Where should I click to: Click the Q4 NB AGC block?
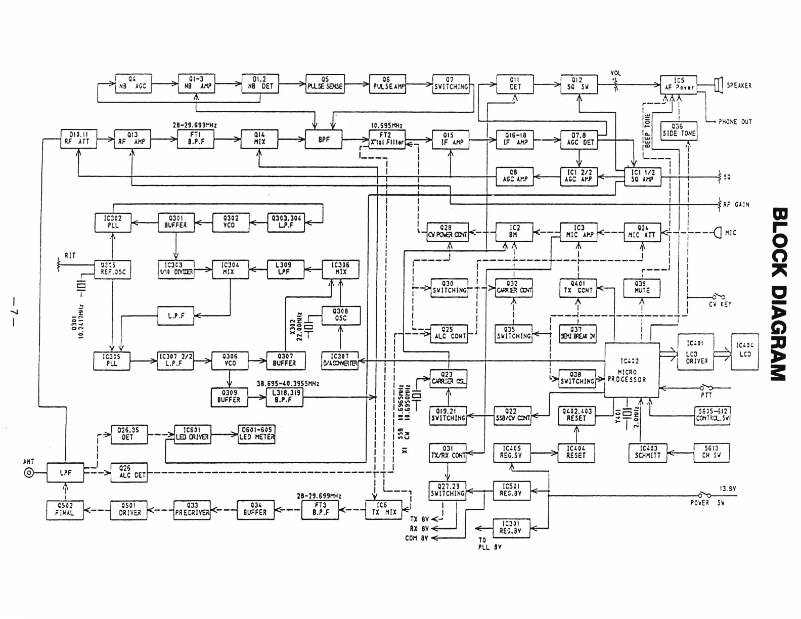133,83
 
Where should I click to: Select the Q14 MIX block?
259,139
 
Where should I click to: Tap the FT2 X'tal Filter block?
387,139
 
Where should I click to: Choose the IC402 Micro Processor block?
632,370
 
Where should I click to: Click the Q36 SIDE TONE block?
679,130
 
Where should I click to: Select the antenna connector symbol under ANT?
29,473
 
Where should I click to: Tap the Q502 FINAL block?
65,509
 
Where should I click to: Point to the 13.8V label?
728,489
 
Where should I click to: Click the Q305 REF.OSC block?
112,269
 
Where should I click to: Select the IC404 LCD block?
744,351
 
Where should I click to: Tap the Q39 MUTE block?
642,287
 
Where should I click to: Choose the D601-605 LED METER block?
256,434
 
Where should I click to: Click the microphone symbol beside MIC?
718,233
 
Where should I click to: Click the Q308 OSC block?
341,315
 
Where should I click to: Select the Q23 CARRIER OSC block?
448,378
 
